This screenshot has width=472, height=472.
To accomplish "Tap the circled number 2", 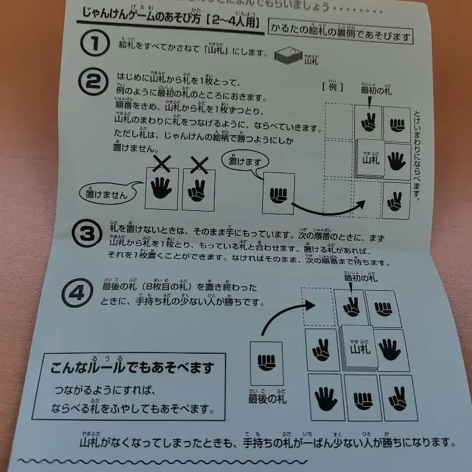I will (93, 83).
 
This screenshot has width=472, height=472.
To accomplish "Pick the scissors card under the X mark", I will (198, 190).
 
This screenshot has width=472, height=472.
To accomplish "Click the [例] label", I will (330, 87).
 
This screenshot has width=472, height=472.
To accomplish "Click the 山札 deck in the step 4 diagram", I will (360, 348).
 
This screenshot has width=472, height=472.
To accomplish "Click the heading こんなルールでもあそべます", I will (132, 368).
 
